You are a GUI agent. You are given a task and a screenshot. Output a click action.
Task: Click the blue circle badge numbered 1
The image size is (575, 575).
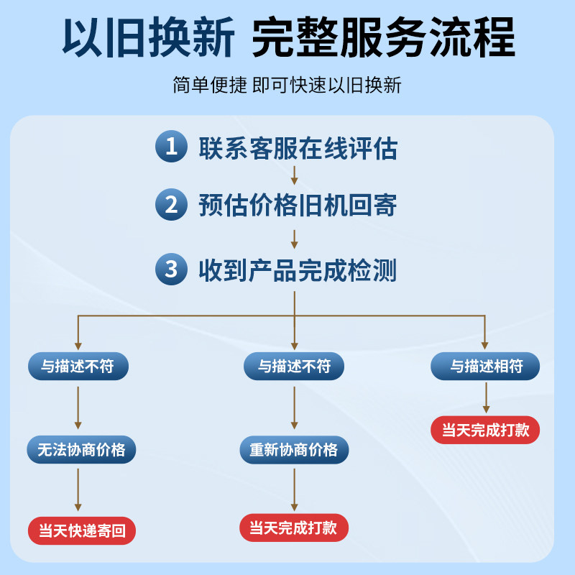(171, 147)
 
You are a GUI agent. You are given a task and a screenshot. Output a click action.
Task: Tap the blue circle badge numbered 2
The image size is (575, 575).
(171, 206)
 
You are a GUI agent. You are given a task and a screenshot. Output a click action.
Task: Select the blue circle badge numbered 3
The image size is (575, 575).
(171, 270)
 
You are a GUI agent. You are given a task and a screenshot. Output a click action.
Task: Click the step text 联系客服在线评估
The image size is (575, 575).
(298, 148)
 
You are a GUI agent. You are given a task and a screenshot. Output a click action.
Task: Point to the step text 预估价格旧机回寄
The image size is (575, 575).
(298, 206)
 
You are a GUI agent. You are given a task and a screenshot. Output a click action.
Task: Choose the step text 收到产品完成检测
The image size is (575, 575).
(298, 270)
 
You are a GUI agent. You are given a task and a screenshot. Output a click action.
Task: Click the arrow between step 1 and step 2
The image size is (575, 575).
(294, 175)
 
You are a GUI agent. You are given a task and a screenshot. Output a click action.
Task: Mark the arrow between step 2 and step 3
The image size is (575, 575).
(294, 239)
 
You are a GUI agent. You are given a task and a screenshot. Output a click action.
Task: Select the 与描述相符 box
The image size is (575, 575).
(486, 367)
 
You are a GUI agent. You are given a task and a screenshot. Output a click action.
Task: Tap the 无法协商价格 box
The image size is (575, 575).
(81, 450)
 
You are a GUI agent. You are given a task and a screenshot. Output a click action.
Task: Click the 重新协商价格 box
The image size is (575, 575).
(293, 450)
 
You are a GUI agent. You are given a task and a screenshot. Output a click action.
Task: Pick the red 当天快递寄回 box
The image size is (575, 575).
(82, 531)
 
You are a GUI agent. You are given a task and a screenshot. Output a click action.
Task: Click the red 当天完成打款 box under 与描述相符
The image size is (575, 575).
(485, 430)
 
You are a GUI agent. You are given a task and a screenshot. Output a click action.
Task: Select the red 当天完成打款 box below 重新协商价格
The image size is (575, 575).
(293, 528)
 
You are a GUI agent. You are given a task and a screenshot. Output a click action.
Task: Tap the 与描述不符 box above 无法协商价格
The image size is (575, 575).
(78, 367)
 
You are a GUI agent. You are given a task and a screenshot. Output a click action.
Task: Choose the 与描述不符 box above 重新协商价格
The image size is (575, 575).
(294, 367)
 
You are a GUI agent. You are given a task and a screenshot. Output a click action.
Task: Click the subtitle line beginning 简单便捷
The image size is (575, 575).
(287, 86)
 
